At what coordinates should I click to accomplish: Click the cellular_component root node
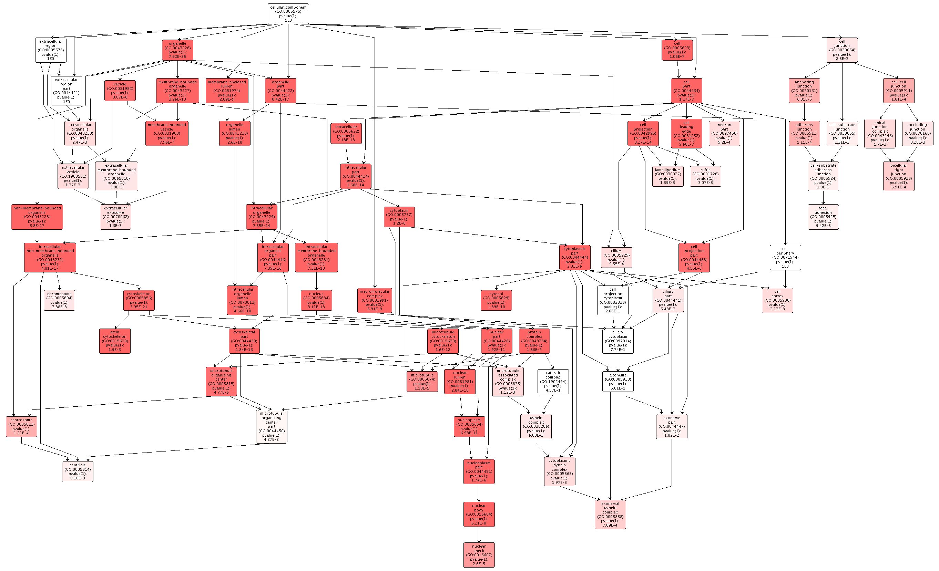pos(288,14)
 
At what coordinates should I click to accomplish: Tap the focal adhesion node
pos(823,217)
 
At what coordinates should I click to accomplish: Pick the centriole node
pos(78,471)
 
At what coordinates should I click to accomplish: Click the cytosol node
pos(496,300)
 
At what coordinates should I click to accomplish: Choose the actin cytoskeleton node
pos(115,341)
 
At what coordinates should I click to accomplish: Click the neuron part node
pos(724,133)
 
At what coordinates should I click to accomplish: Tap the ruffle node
pos(705,176)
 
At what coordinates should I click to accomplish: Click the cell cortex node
pos(777,300)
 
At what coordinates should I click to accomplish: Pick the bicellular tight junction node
pos(898,176)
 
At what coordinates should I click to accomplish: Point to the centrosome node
pos(21,426)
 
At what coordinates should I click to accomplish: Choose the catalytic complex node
pos(553,381)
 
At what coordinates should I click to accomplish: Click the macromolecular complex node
pos(375,300)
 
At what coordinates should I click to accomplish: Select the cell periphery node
pos(785,258)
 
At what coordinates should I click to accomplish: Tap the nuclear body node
pos(479,514)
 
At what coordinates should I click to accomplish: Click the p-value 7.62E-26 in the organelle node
pos(177,56)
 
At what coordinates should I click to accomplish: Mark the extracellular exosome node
pos(115,217)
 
